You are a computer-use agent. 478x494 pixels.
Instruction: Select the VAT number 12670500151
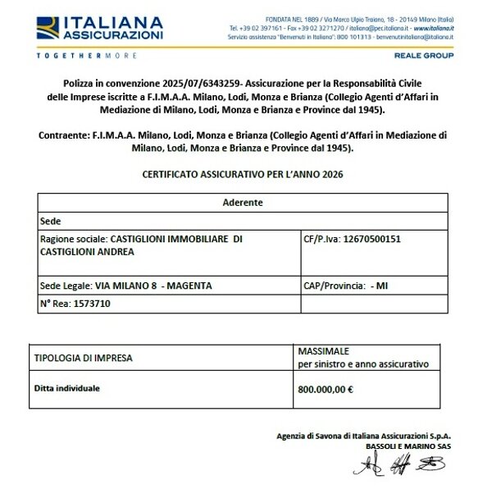375,239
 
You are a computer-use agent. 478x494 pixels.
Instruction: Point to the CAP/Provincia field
334,285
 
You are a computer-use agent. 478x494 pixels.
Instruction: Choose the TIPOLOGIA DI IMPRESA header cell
83,358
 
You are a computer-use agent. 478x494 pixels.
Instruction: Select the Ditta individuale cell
67,387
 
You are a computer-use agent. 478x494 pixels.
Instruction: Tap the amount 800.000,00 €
325,390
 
